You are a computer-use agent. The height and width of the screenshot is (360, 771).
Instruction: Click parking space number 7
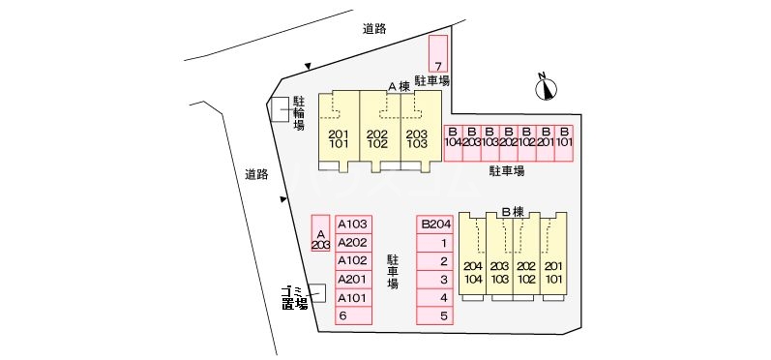tap(438, 53)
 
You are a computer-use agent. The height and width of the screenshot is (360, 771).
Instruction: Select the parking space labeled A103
tap(353, 224)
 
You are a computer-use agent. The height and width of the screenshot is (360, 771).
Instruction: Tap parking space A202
tap(353, 242)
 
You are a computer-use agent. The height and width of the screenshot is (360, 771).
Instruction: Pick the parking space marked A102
tap(353, 260)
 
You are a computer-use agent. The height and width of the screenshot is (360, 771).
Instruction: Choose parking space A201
tap(353, 279)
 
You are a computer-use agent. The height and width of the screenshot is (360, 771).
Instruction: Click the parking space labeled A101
tap(353, 297)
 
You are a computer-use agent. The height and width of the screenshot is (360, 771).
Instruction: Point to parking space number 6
tap(353, 315)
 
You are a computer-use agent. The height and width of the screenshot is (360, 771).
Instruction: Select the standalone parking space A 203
tap(321, 233)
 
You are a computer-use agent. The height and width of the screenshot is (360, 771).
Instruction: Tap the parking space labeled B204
tap(434, 224)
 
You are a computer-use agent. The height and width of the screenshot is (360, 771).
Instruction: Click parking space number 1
tap(434, 242)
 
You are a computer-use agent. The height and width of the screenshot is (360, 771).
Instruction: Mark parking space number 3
tap(434, 279)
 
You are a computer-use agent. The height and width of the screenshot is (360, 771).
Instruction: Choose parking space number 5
tap(434, 315)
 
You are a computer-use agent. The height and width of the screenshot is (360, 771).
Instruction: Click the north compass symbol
tap(548, 88)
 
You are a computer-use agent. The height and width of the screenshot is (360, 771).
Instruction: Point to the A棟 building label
tap(399, 86)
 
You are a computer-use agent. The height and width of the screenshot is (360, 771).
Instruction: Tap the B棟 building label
tap(512, 211)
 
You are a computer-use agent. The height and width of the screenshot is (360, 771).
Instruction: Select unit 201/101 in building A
tap(339, 138)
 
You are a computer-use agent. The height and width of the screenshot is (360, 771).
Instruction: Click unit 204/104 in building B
tap(472, 272)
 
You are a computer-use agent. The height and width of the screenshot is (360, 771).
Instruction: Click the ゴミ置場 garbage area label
tap(295, 297)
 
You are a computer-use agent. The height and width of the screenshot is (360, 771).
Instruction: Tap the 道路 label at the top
tap(374, 29)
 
